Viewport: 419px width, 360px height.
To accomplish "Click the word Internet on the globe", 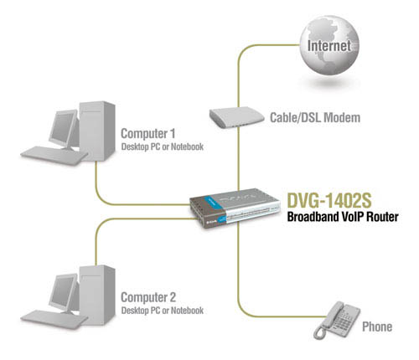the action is tap(328, 46).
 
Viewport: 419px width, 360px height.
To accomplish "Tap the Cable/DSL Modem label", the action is tap(315, 117).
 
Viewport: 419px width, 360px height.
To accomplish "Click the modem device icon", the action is tap(236, 117).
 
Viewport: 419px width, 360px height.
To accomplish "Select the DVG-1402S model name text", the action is tap(329, 200).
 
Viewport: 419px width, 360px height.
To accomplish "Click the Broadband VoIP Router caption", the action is tap(343, 217).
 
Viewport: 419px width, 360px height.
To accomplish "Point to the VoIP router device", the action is tap(235, 208).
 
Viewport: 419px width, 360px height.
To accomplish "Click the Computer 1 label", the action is tap(148, 134).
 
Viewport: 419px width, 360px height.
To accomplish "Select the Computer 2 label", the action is tap(148, 297).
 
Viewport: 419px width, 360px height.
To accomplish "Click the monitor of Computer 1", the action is tap(64, 130).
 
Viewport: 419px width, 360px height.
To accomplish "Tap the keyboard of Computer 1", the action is tap(54, 156).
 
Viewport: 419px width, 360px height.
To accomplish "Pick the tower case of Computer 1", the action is tap(97, 131).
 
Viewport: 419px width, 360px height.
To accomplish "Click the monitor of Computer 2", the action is tap(64, 294).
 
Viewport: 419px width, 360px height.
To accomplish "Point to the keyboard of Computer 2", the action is tap(54, 320).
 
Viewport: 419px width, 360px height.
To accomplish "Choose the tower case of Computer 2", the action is tap(97, 295).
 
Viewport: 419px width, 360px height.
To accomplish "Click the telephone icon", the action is tap(337, 320).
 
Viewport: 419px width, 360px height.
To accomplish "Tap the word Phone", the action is tap(377, 327).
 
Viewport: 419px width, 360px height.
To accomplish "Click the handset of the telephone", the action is tap(328, 321).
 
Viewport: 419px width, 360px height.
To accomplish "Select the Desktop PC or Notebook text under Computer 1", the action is tap(163, 147).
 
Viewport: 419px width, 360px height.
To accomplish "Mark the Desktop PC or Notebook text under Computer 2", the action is tap(163, 311).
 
